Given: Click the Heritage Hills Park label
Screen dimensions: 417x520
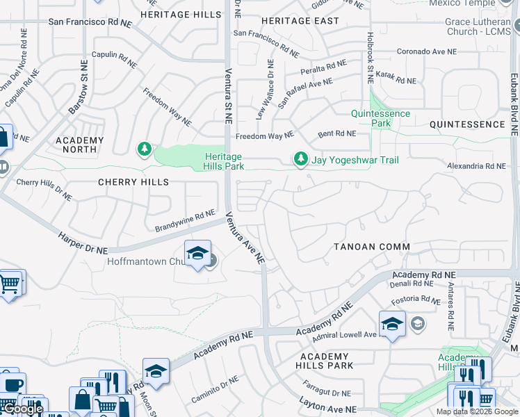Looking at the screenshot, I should pyautogui.click(x=223, y=161).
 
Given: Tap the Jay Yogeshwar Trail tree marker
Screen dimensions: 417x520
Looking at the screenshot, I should pyautogui.click(x=300, y=161).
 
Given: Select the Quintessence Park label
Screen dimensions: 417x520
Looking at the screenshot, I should pyautogui.click(x=380, y=118).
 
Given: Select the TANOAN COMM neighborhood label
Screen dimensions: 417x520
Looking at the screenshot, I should pyautogui.click(x=372, y=247).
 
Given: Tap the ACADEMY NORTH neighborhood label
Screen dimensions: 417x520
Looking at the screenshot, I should pyautogui.click(x=80, y=145).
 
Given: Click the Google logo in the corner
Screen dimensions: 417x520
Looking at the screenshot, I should pyautogui.click(x=22, y=409).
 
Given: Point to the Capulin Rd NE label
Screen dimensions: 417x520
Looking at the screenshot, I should pyautogui.click(x=113, y=58).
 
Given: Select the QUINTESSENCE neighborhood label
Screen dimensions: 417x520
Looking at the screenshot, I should pyautogui.click(x=467, y=124).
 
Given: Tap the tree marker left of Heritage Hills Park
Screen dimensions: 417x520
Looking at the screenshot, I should pyautogui.click(x=145, y=149).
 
